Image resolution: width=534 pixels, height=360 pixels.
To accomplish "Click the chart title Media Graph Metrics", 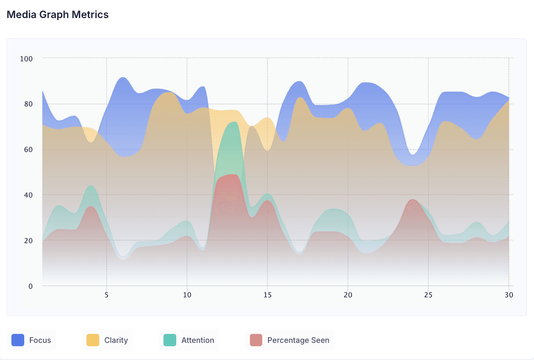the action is (57, 15).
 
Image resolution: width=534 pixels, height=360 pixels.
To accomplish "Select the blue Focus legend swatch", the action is (18, 340).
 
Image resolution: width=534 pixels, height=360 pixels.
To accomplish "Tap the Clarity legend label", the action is (116, 340).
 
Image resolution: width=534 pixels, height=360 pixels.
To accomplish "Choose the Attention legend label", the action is (198, 340).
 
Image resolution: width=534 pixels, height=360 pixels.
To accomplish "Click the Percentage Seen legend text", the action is (298, 340).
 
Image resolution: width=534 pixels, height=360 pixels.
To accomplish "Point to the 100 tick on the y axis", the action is (26, 58).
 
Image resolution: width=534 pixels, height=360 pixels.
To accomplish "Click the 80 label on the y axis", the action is (28, 104).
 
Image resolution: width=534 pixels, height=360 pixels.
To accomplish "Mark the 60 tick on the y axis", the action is (28, 150).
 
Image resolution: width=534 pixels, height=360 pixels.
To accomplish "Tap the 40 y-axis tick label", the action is (28, 195).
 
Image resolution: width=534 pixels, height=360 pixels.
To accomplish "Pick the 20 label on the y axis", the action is (28, 240).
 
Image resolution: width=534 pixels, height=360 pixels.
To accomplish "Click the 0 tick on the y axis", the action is (31, 286).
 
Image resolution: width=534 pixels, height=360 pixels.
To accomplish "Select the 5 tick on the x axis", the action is (106, 295).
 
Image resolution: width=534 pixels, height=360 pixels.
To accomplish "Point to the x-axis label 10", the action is (187, 295).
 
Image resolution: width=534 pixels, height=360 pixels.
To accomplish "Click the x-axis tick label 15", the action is (267, 295).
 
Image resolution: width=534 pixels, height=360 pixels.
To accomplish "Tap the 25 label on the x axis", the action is (429, 295).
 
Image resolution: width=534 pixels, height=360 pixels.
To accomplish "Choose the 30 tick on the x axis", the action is (509, 295).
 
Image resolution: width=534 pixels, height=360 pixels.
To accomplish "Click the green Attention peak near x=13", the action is (234, 122).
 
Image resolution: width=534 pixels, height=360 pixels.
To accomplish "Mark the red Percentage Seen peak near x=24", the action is (413, 200).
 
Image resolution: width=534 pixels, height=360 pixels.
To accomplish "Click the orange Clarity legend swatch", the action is (93, 340).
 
